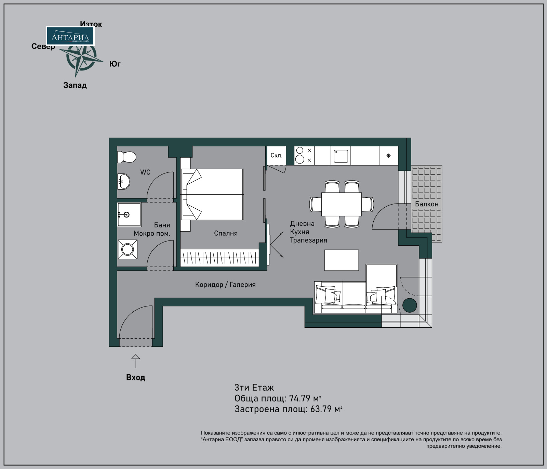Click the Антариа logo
70,36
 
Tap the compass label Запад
75,86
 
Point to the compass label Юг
115,64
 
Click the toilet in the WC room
126,157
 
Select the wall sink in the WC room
123,181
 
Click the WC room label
145,172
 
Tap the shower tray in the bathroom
129,214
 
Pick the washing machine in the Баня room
128,249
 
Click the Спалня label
226,233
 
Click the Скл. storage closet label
276,155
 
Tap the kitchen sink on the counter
341,156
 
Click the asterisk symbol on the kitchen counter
388,156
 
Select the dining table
341,204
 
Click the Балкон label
426,204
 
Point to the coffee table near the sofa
341,260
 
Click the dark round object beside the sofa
409,305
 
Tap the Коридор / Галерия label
225,285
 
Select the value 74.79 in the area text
299,399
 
